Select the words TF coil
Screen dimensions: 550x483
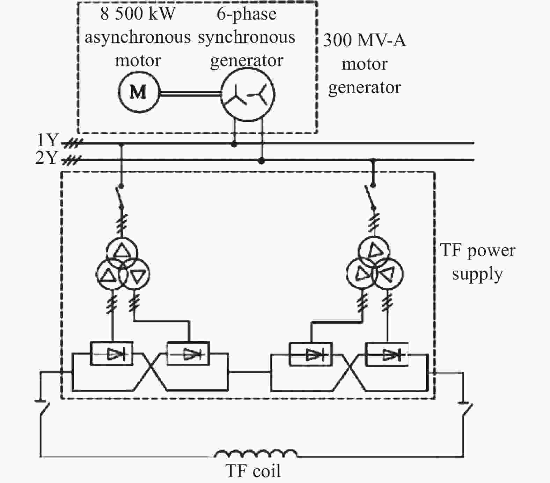tap(253, 471)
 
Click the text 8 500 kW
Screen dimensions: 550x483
tap(138, 14)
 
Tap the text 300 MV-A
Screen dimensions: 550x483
tap(365, 40)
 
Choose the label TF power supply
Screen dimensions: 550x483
tap(478, 262)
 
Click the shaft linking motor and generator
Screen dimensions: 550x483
tap(190, 93)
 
